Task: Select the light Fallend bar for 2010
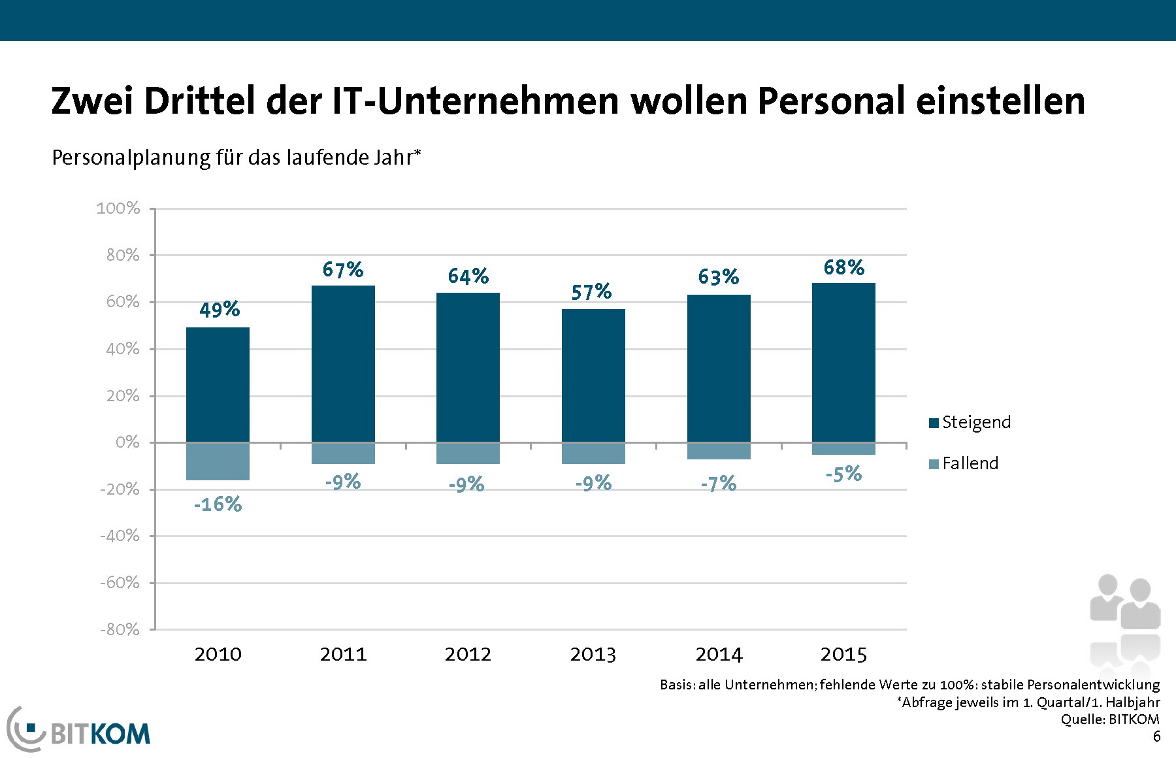tap(218, 461)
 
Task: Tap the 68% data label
tap(843, 267)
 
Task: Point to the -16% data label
tap(218, 504)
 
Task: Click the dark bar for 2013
tap(593, 375)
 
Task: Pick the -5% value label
tap(843, 474)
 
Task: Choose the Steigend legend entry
tap(970, 422)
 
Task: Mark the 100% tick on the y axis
tap(118, 208)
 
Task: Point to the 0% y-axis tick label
tap(127, 442)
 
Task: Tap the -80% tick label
tap(120, 629)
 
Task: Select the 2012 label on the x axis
tap(468, 654)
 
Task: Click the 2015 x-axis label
tap(843, 654)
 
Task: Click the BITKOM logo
tap(79, 730)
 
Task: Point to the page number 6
tap(1156, 736)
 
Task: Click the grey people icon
tap(1124, 621)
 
